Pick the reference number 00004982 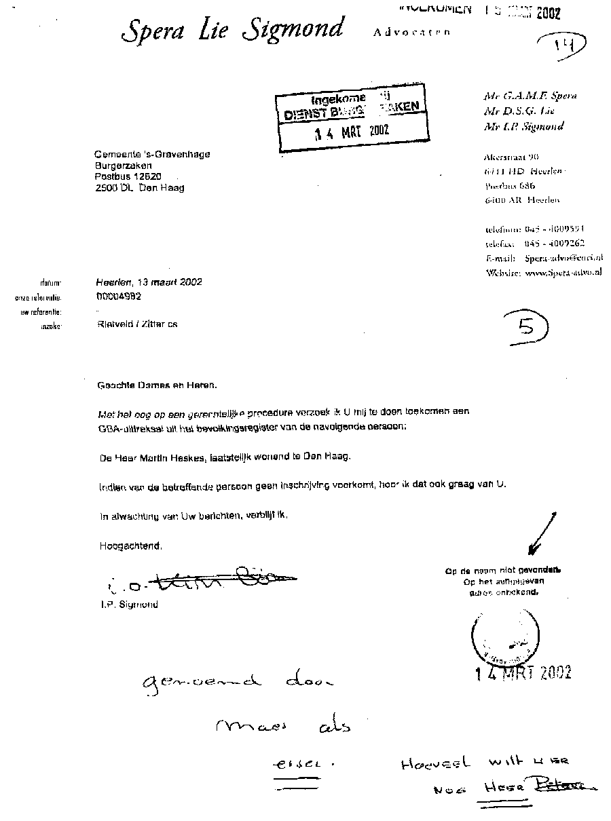pyautogui.click(x=119, y=297)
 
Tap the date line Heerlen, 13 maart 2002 pyautogui.click(x=149, y=282)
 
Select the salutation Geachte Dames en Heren pyautogui.click(x=158, y=385)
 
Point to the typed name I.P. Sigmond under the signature pyautogui.click(x=128, y=604)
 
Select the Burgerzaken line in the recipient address pyautogui.click(x=124, y=166)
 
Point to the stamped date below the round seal pyautogui.click(x=523, y=672)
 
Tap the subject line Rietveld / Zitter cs pyautogui.click(x=138, y=324)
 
